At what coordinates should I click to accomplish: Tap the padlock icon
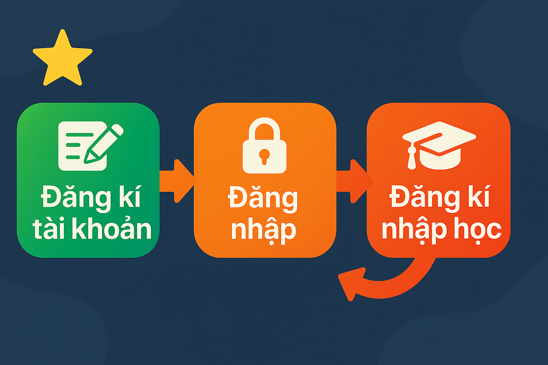[x=264, y=145]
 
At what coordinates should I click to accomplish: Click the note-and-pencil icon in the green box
[x=91, y=146]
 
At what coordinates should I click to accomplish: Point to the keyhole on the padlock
[x=264, y=157]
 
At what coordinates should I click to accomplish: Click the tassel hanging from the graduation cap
[x=411, y=158]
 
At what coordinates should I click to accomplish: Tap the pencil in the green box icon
[x=104, y=144]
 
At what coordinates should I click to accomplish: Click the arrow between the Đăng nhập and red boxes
[x=355, y=181]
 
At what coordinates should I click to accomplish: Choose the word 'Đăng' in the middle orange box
[x=263, y=198]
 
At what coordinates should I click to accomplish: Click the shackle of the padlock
[x=264, y=127]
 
